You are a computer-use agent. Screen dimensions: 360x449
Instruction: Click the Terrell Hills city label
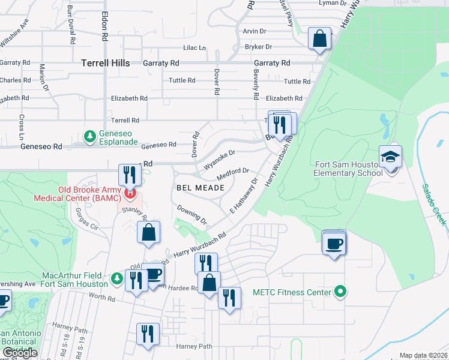click(105, 62)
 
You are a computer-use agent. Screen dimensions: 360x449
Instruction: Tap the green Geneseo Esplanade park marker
click(90, 136)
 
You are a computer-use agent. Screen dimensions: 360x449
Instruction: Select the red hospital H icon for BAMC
click(130, 194)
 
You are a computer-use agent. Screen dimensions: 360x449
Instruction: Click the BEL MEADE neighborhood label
click(200, 188)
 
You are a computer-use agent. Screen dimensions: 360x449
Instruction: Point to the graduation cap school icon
click(390, 158)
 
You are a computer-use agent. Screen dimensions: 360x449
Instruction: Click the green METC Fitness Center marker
click(340, 292)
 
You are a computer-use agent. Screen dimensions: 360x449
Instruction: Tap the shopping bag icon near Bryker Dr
click(319, 39)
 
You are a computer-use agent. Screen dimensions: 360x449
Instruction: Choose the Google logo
click(19, 353)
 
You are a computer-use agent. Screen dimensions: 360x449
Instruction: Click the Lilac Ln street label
click(194, 48)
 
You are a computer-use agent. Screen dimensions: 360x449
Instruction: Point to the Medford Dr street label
click(233, 173)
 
